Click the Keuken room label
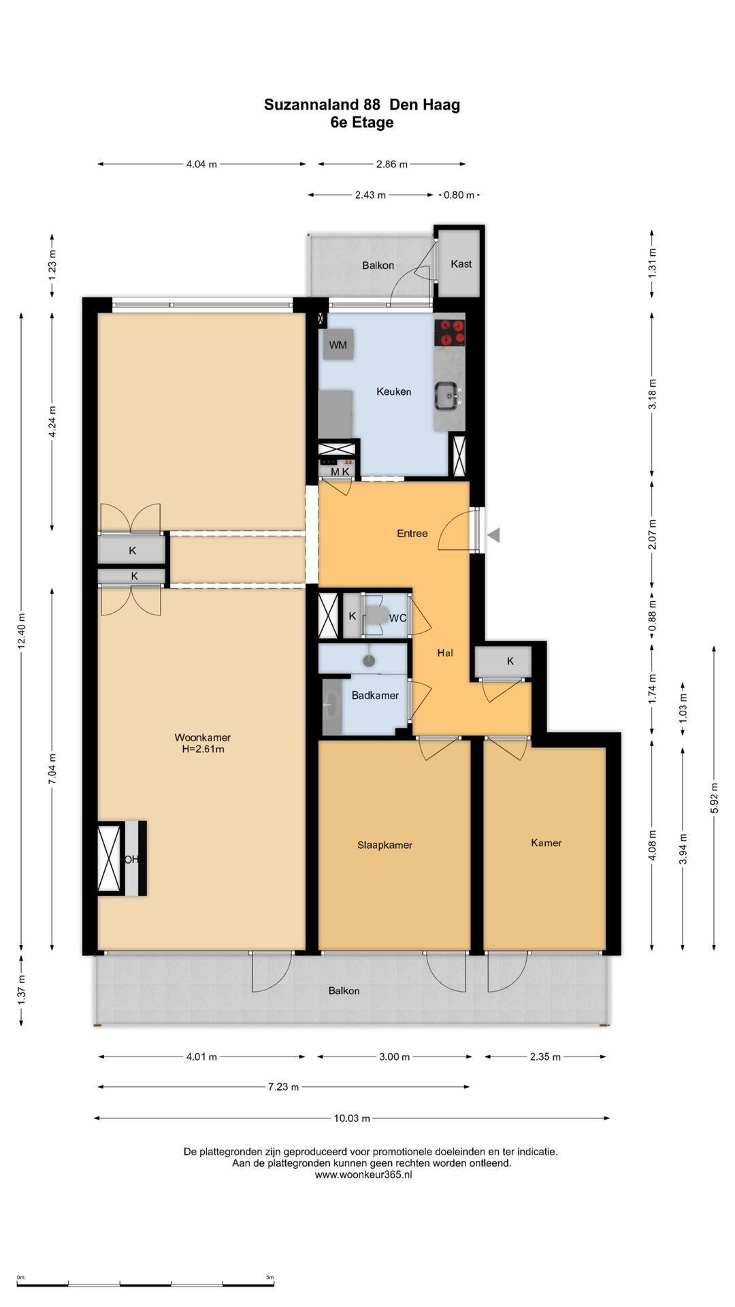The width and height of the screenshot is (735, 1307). tap(394, 391)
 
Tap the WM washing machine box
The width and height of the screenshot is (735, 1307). tap(338, 345)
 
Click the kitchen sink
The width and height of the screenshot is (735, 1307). tap(448, 396)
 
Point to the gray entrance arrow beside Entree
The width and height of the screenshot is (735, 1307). tap(494, 535)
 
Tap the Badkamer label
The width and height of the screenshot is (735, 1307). tap(375, 696)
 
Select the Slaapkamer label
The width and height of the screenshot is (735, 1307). tap(385, 845)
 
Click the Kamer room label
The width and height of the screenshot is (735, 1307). tap(546, 843)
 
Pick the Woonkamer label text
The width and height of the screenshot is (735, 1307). tap(202, 737)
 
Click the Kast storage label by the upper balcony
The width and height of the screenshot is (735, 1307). tap(461, 264)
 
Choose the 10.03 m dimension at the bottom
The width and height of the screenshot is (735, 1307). tap(351, 1118)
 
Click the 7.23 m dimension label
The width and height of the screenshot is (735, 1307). tap(282, 1087)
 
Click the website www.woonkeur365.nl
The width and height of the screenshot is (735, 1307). tap(363, 1174)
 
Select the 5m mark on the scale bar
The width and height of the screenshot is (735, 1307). tap(270, 1278)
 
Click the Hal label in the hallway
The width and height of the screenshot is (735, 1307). tap(445, 653)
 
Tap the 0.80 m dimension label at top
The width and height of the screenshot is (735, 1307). tap(459, 195)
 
